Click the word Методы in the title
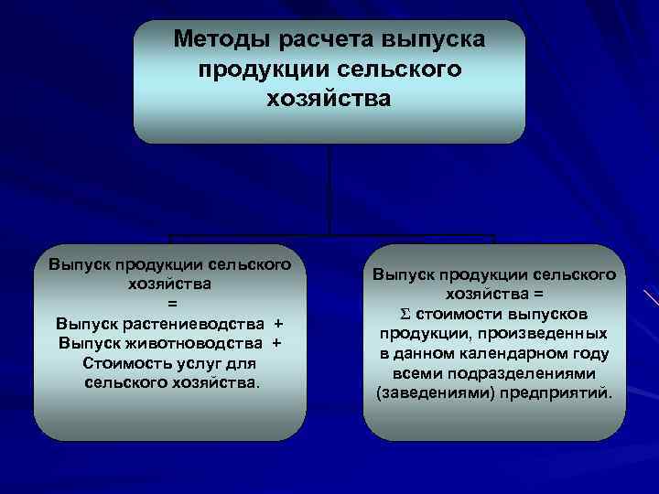[217, 40]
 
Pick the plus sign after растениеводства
[278, 324]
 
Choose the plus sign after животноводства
[275, 343]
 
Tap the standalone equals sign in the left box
[169, 304]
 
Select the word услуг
[200, 363]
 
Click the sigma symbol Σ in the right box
[391, 314]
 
